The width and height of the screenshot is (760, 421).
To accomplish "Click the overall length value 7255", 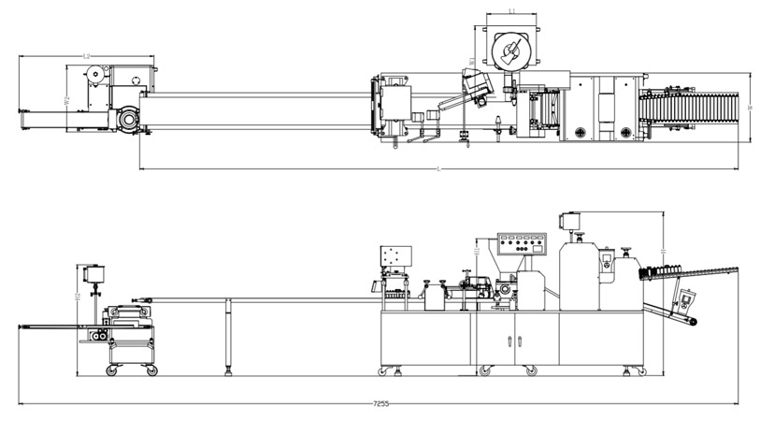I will tap(381, 403).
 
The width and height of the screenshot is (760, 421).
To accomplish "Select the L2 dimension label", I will tap(87, 57).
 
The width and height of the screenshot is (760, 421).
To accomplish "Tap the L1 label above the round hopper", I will tap(511, 11).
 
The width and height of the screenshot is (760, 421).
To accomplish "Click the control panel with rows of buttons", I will tap(522, 246).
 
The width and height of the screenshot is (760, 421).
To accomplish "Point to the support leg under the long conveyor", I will tap(227, 337).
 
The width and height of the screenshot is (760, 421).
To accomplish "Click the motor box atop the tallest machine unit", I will tap(567, 221).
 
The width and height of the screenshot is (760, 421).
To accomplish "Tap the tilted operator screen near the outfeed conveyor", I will tap(690, 300).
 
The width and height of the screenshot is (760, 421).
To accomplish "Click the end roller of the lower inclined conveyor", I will tap(693, 322).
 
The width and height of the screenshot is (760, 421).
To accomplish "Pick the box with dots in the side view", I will tap(394, 256).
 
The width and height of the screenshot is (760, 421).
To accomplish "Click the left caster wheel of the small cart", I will tap(112, 370).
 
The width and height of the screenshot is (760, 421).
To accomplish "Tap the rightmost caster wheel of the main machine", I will tap(640, 371).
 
